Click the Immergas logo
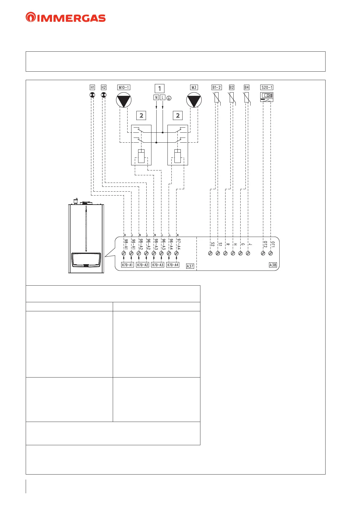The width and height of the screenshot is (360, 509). click(66, 18)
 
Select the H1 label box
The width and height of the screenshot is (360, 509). click(92, 87)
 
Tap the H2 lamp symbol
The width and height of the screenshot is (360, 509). click(104, 95)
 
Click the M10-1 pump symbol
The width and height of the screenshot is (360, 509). click(124, 100)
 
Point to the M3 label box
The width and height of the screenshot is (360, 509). click(194, 87)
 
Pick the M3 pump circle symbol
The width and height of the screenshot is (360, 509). click(194, 100)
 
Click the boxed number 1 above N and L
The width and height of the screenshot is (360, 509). click(160, 88)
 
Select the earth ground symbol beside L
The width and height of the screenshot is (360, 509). click(169, 98)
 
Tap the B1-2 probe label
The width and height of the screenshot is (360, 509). click(216, 87)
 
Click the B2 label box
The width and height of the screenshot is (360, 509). click(232, 87)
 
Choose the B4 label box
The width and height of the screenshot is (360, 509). click(247, 87)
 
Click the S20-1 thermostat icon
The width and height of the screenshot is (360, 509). click(267, 97)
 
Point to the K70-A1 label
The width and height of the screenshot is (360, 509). click(127, 265)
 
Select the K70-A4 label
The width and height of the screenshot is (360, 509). click(173, 265)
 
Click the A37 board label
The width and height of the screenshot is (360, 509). click(190, 266)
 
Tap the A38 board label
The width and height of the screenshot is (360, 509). click(273, 265)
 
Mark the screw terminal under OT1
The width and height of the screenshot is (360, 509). click(271, 253)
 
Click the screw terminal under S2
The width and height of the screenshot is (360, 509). click(210, 253)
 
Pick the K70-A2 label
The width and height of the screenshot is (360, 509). click(142, 265)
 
